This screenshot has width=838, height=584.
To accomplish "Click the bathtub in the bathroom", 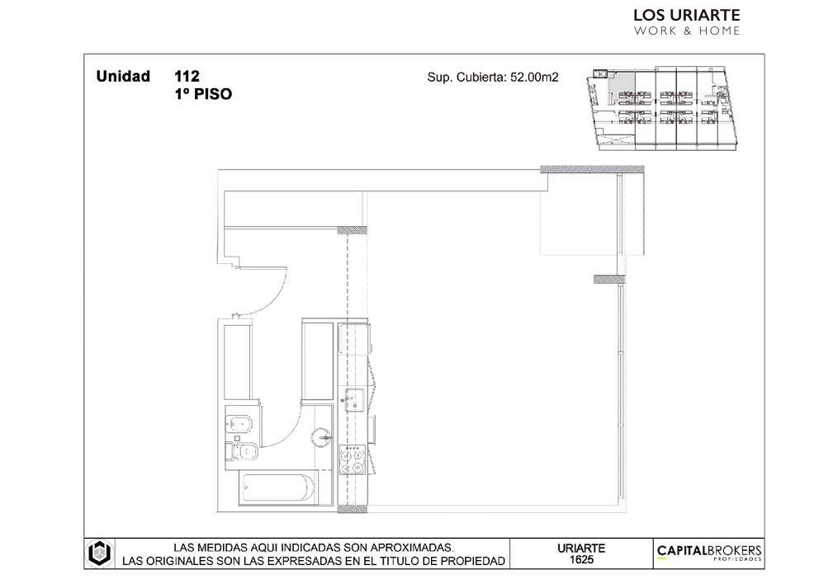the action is coord(278,487).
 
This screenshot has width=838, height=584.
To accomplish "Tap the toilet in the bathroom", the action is coord(243,452).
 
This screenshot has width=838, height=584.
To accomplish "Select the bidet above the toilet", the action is coord(239,425).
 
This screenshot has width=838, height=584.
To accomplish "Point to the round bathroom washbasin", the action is coord(322,438).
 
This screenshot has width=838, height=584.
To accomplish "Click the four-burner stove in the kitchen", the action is coord(353,459).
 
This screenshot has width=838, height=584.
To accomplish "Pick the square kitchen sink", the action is coord(354,400).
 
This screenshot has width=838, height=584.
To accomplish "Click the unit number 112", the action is coord(187,77).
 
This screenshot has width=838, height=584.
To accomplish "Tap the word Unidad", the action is coord(123,77).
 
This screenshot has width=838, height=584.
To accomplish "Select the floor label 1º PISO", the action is coord(203,94).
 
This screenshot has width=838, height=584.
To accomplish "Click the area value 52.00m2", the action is coord(534,77).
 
